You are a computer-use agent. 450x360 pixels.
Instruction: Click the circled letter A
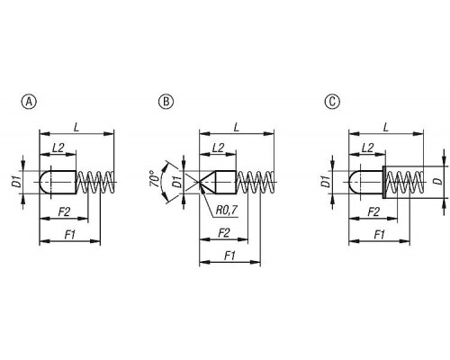pyautogui.click(x=29, y=102)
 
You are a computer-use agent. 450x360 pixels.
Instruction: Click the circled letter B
pyautogui.click(x=166, y=102)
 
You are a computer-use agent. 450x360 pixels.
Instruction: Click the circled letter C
pyautogui.click(x=332, y=102)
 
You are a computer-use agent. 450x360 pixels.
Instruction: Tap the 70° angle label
pyautogui.click(x=154, y=179)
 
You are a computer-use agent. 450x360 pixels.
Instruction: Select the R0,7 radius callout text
pyautogui.click(x=227, y=211)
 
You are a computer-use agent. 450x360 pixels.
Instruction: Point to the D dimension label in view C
pyautogui.click(x=438, y=182)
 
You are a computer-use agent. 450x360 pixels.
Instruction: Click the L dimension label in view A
pyautogui.click(x=76, y=128)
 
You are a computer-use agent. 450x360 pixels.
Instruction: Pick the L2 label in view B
pyautogui.click(x=218, y=148)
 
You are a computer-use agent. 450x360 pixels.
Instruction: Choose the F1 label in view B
pyautogui.click(x=229, y=256)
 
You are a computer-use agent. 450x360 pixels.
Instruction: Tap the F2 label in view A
pyautogui.click(x=64, y=212)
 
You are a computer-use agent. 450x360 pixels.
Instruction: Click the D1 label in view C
pyautogui.click(x=325, y=182)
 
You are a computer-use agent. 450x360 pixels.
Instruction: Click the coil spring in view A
pyautogui.click(x=95, y=182)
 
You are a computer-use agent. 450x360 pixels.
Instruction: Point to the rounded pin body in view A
pyautogui.click(x=58, y=182)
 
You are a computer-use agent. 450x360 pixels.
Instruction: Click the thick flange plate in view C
pyautogui.click(x=383, y=182)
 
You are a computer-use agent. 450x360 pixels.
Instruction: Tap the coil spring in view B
pyautogui.click(x=255, y=182)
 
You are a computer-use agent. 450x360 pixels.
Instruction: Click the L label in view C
pyautogui.click(x=386, y=128)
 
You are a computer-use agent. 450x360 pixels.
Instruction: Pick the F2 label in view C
pyautogui.click(x=373, y=212)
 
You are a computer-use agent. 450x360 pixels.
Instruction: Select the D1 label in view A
pyautogui.click(x=18, y=182)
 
